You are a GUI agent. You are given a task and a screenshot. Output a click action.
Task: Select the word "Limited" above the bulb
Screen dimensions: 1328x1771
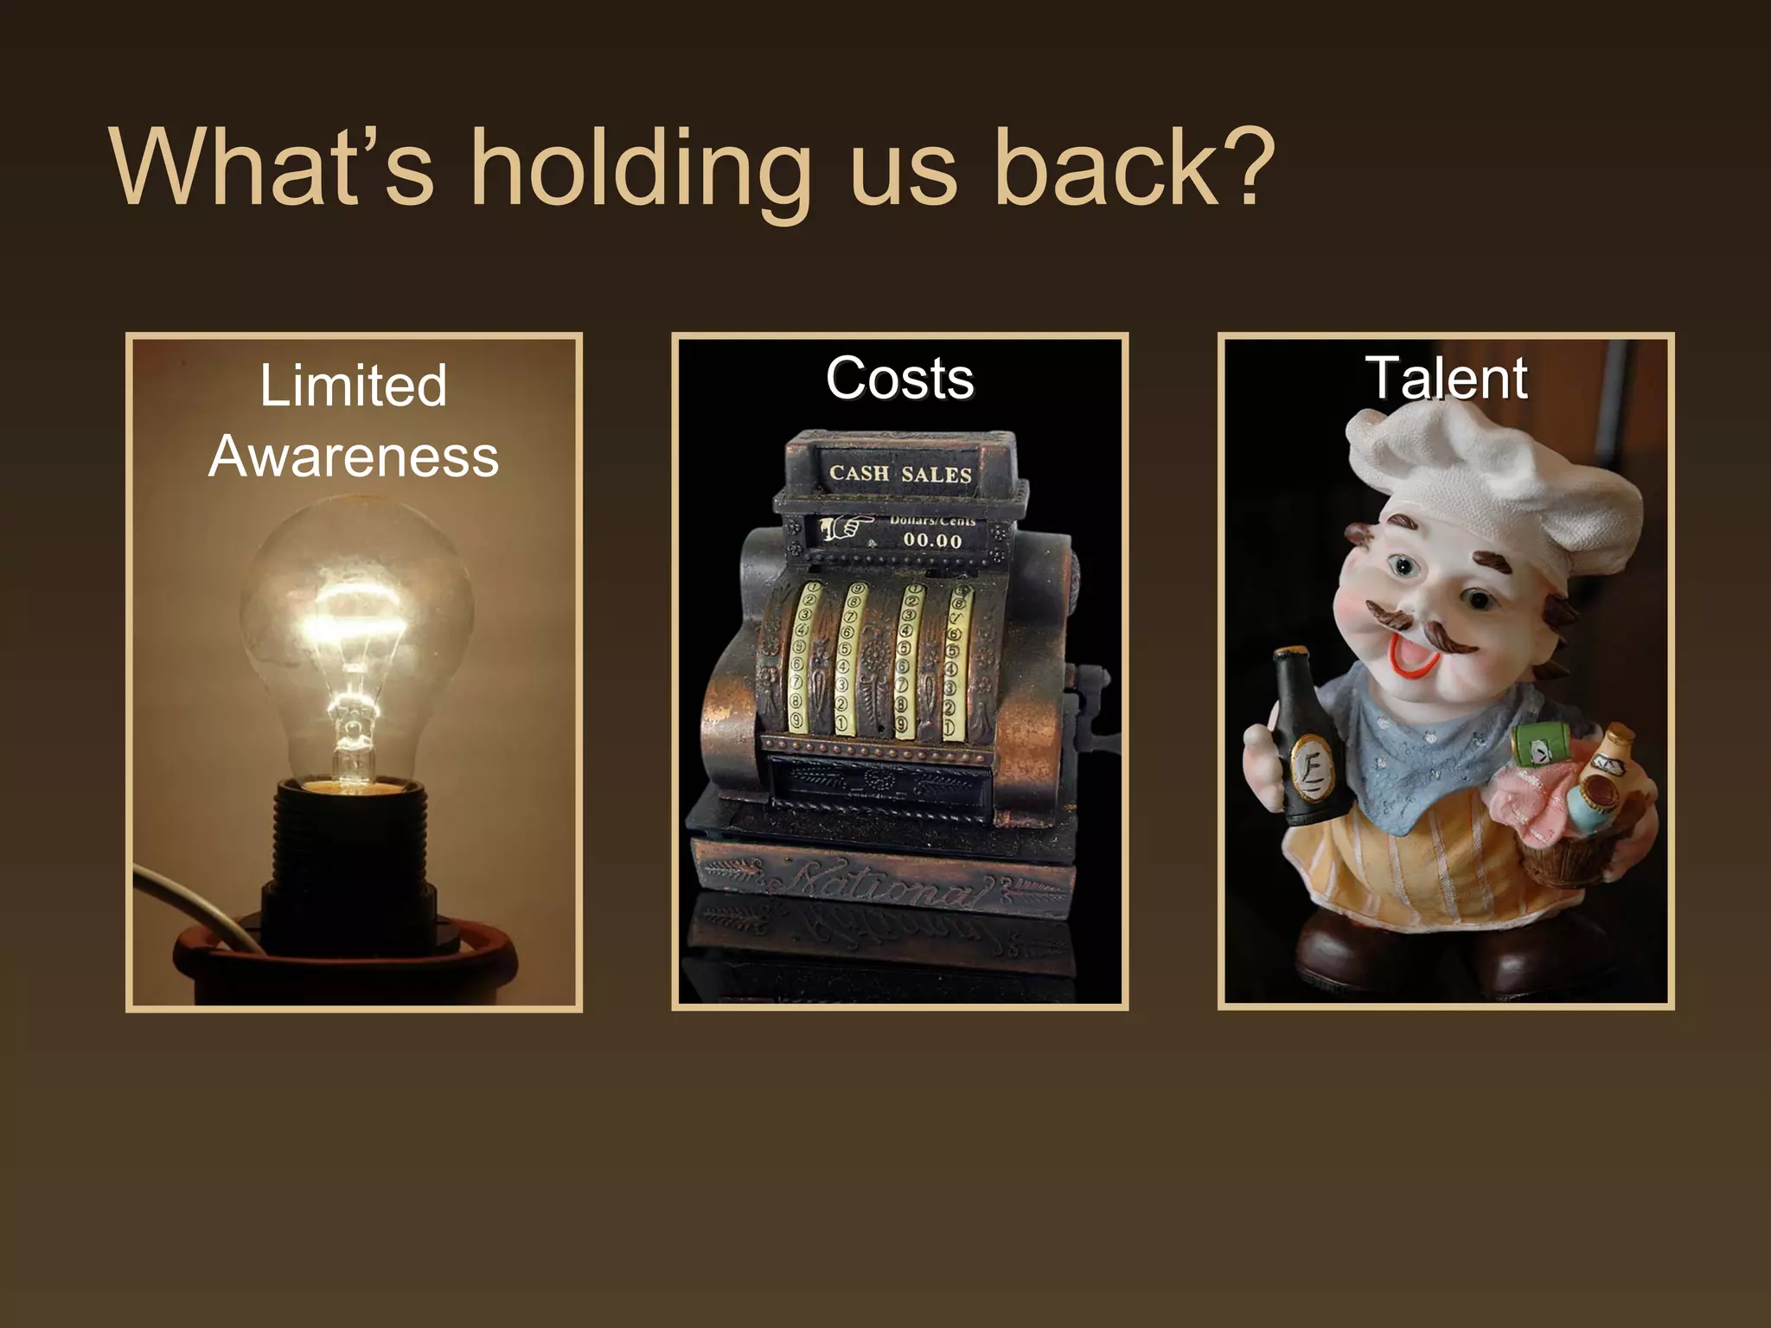pos(354,386)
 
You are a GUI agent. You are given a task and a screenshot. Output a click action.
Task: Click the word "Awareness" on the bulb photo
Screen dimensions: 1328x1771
pos(354,456)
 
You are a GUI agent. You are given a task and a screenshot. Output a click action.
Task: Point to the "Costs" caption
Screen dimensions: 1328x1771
pos(899,379)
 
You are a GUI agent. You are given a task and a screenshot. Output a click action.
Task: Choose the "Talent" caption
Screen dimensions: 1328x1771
pos(1446,379)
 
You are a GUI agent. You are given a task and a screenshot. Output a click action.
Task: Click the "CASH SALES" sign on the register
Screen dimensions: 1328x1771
pos(900,474)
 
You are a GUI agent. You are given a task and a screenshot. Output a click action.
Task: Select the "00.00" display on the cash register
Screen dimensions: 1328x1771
pos(932,541)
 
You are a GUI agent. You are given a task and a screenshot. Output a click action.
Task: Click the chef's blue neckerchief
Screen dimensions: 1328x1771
pos(1427,761)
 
